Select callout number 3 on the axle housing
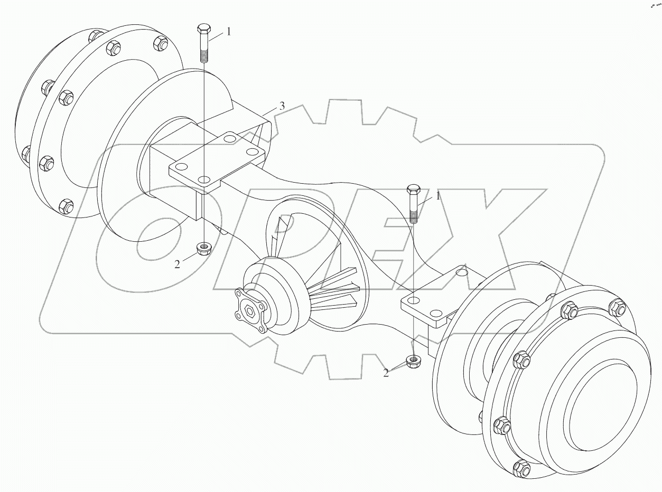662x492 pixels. click(282, 106)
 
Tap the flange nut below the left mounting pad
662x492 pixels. click(203, 248)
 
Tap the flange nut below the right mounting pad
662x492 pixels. click(413, 362)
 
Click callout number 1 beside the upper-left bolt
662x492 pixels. click(228, 32)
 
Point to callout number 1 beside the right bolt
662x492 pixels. click(437, 196)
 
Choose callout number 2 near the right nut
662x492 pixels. click(386, 373)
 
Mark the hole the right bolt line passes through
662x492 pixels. click(413, 300)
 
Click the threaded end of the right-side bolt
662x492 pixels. click(413, 214)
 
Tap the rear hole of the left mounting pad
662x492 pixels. click(228, 139)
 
